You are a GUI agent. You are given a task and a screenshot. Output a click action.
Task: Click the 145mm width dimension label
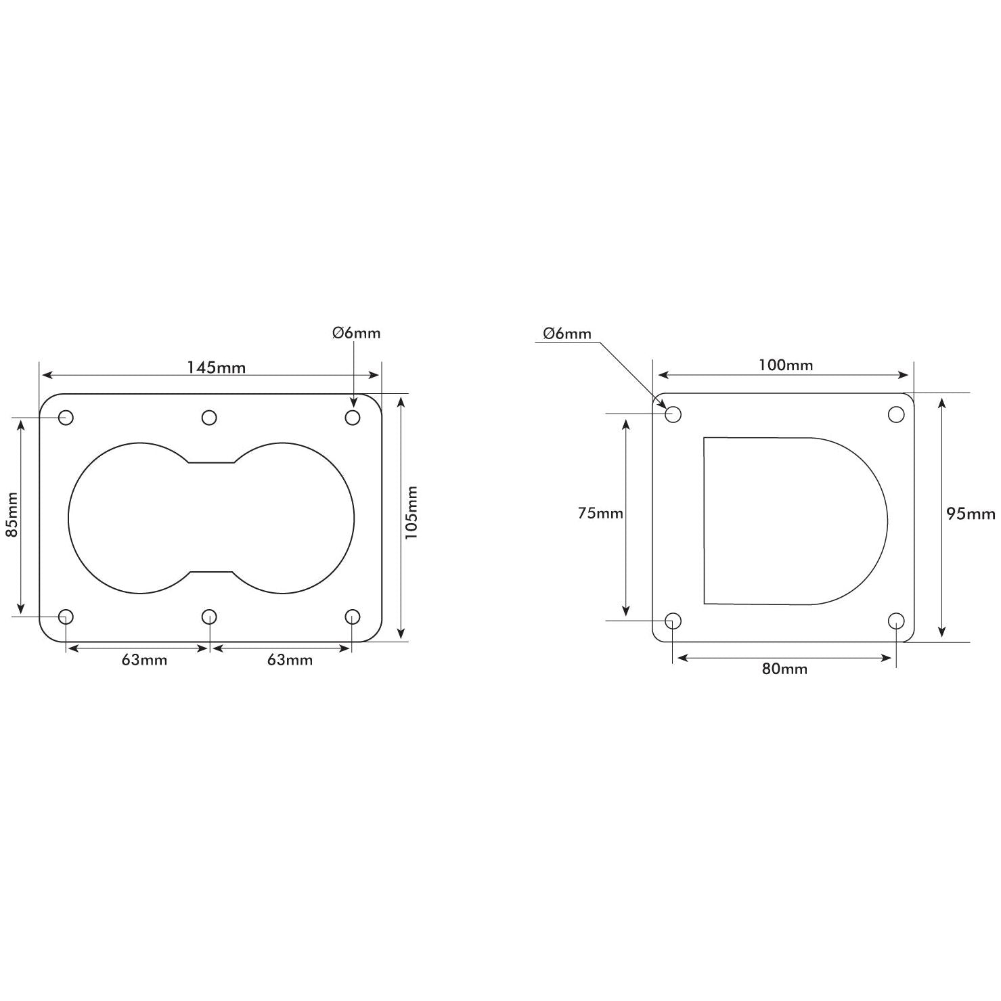(217, 368)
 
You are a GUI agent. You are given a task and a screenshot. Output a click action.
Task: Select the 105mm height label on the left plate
(411, 512)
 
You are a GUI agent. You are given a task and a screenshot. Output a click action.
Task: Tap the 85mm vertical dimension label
(12, 514)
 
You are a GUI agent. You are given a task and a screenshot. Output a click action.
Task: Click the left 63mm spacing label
(144, 660)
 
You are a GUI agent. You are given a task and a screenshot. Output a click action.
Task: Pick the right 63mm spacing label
(290, 660)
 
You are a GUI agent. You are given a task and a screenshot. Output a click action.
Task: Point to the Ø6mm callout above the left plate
(356, 333)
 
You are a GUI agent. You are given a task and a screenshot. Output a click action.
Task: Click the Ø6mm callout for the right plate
(566, 334)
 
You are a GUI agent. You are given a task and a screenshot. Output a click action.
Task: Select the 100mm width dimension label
(785, 365)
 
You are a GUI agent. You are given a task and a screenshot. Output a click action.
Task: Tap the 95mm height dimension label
(971, 514)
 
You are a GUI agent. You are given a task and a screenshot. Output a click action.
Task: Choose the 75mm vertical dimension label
(600, 513)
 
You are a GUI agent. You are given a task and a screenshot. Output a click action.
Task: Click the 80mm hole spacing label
(784, 669)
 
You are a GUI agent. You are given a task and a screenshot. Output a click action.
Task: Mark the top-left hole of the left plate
(66, 417)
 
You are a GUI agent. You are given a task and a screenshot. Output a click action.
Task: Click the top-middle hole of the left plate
(209, 417)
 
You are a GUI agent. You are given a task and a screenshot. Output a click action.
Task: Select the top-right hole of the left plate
(353, 417)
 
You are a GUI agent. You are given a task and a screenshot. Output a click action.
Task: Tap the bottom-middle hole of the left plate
(209, 617)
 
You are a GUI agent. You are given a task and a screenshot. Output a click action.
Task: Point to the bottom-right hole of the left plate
(353, 617)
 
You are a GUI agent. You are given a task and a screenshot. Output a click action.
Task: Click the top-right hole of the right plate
(896, 414)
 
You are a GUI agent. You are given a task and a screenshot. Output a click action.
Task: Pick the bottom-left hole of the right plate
(673, 621)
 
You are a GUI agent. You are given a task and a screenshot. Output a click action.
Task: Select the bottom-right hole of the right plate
(896, 621)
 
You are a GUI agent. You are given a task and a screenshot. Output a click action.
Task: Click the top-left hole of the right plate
(673, 414)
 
